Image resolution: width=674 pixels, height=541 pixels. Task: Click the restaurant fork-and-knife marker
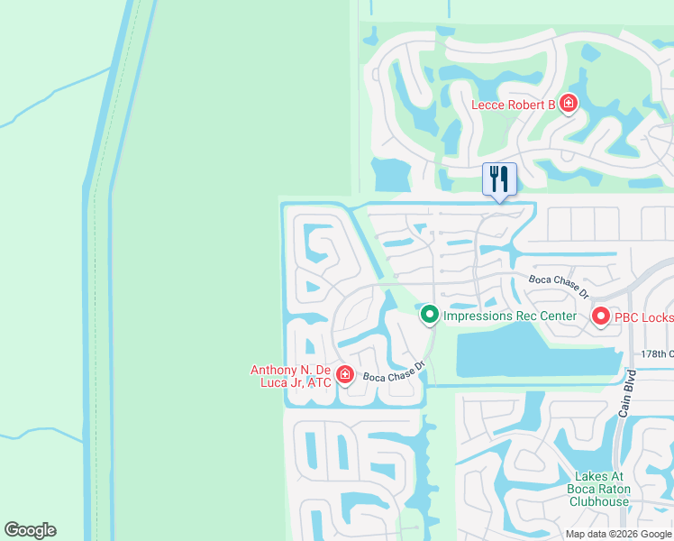click(499, 179)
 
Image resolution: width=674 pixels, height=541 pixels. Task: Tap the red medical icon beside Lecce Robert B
click(568, 104)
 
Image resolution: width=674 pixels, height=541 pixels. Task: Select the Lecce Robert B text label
click(514, 105)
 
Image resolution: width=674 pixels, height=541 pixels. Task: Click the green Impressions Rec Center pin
click(430, 315)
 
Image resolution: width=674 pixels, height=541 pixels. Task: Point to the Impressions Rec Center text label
click(509, 316)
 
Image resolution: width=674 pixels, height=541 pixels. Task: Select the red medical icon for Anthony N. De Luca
click(344, 374)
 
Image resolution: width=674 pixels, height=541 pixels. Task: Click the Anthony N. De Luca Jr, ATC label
click(291, 376)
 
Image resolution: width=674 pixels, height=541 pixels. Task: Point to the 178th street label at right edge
click(657, 353)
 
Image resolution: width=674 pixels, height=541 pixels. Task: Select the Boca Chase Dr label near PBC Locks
click(559, 287)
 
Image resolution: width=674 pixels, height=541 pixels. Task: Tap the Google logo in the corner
click(30, 530)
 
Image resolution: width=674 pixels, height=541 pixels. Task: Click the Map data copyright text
click(617, 534)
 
